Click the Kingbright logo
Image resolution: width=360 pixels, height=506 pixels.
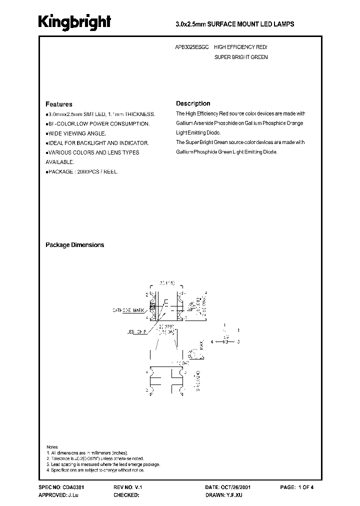pyautogui.click(x=75, y=22)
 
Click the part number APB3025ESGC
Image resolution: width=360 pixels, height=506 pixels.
pyautogui.click(x=192, y=46)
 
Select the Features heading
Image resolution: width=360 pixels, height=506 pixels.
pyautogui.click(x=59, y=104)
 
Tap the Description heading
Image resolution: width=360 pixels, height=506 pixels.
pyautogui.click(x=193, y=103)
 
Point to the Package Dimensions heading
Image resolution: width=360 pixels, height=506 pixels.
pyautogui.click(x=75, y=245)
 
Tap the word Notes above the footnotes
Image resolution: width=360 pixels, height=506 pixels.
pyautogui.click(x=52, y=446)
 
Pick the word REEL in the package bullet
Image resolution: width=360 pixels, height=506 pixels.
pyautogui.click(x=112, y=171)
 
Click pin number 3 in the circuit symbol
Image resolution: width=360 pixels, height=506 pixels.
pyautogui.click(x=238, y=341)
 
